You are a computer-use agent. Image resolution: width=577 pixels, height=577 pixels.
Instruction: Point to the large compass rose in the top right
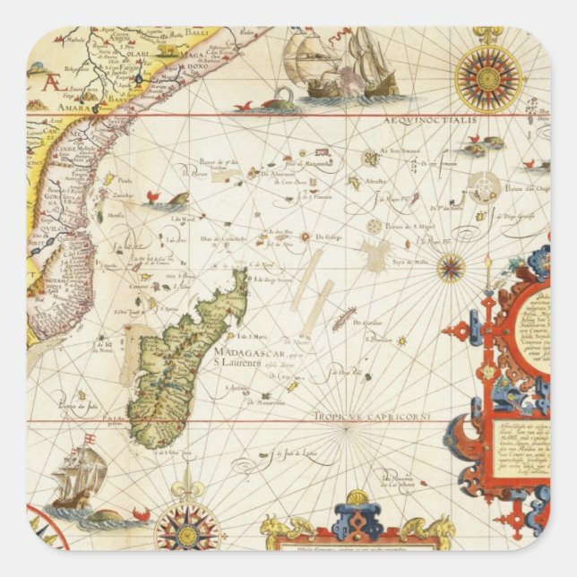487,79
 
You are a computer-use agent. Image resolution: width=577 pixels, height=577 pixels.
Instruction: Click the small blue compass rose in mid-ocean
451,266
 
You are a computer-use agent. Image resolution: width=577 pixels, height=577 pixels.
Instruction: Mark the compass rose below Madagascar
187,525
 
